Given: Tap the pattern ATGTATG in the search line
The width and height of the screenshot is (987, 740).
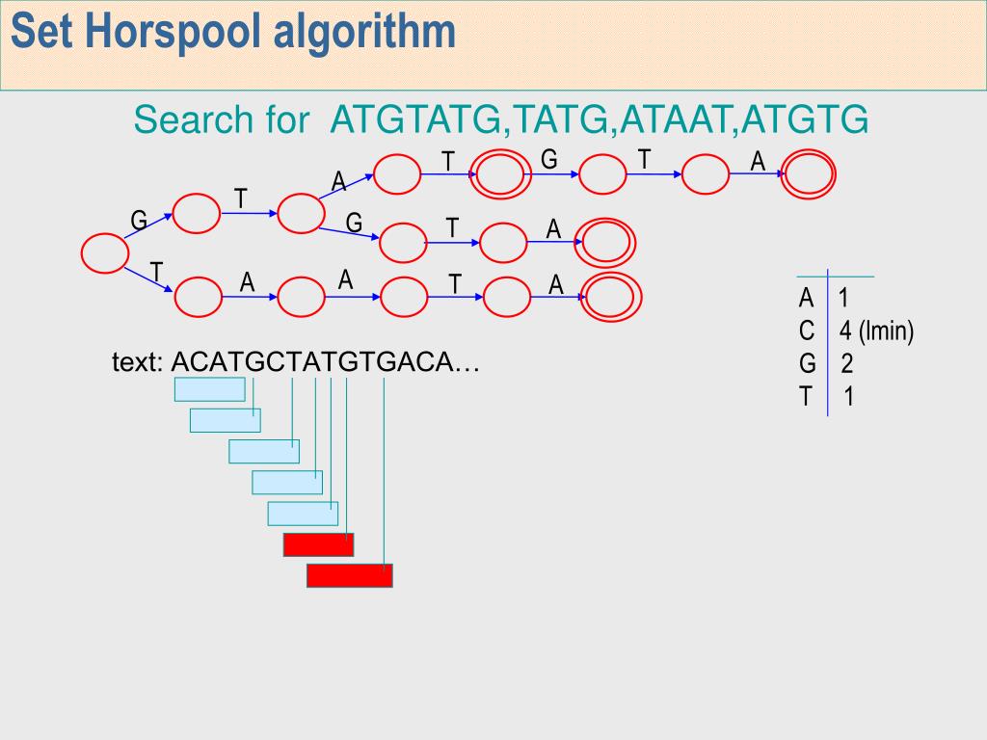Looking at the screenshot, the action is [416, 120].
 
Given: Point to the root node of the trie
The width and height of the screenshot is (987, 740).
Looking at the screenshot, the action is [105, 253].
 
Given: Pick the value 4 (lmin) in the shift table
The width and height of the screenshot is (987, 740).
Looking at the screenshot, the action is [875, 331].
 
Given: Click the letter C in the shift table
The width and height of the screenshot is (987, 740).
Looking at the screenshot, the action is [807, 331].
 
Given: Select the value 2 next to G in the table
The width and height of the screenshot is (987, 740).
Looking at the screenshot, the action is [846, 364].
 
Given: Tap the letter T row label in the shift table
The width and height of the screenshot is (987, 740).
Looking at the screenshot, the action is [806, 396].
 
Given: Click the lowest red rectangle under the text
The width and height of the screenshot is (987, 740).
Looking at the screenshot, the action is [350, 575].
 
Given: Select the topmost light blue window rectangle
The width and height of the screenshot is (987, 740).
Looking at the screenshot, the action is [209, 389].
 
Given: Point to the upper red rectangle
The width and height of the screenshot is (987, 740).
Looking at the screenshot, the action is [318, 544].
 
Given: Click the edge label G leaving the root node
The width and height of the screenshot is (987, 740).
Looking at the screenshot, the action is [139, 222].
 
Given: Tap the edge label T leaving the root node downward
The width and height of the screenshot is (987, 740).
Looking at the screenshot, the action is [155, 272].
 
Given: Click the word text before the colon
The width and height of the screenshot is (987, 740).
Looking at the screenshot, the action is [138, 363].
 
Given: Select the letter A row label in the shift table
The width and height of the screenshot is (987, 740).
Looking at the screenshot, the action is [806, 299].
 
